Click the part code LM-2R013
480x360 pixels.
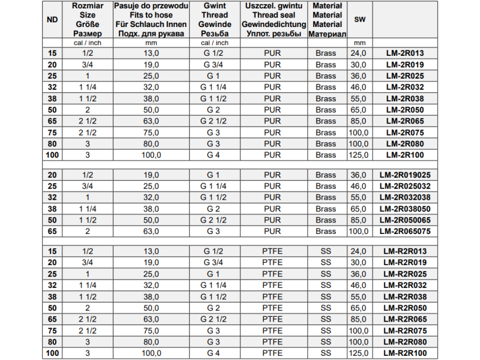point(404,53)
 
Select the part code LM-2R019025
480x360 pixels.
point(404,175)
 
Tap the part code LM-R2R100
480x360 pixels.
point(404,353)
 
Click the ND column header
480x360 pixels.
point(52,20)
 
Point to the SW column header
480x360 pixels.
point(359,20)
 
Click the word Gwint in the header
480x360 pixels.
point(214,5)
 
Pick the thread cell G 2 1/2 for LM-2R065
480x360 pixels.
point(214,121)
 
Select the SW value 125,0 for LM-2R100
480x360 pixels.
point(359,155)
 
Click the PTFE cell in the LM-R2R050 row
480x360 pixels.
point(272,308)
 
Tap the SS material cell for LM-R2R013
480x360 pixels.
point(326,251)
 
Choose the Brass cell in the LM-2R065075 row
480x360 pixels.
point(326,231)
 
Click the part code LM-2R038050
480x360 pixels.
point(404,209)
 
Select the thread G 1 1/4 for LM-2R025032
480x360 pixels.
point(214,186)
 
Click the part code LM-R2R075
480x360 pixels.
point(404,331)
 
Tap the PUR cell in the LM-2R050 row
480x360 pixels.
point(272,110)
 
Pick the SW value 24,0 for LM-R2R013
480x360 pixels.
point(359,251)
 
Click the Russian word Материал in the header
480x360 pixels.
point(327,34)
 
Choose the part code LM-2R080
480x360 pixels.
point(404,144)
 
